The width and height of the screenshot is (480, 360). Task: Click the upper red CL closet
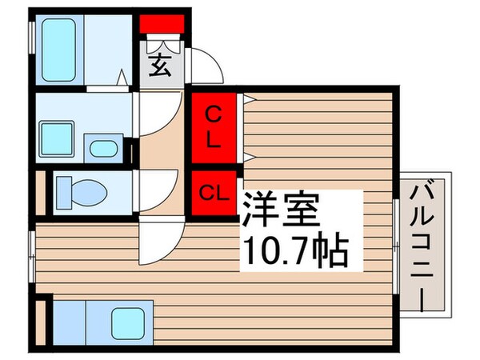[214, 126]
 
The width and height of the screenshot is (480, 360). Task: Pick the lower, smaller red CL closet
[214, 193]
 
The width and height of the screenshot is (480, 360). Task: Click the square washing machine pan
[58, 138]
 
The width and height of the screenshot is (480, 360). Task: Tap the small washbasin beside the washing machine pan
[102, 148]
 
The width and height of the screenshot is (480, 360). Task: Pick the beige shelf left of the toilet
[41, 193]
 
